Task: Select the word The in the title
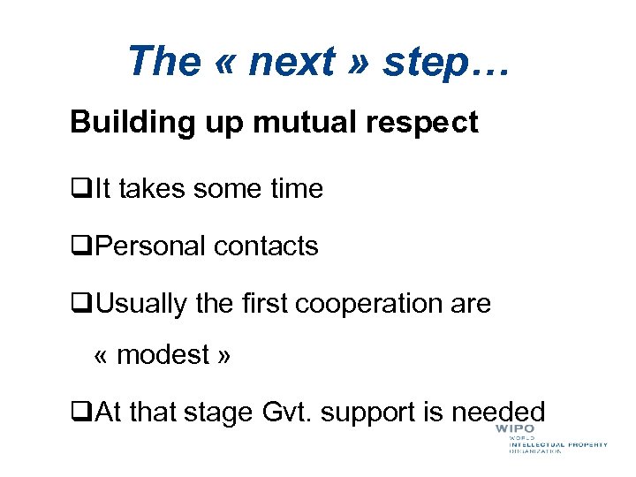[164, 62]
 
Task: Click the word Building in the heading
[124, 123]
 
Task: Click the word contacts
[266, 246]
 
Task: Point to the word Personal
[149, 246]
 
